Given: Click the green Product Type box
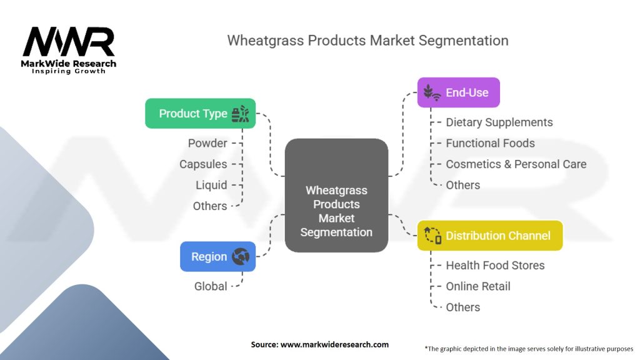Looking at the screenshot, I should click(200, 113).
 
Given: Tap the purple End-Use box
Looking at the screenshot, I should click(458, 92).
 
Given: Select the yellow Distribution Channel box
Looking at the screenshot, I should click(489, 236).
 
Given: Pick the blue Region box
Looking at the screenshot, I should click(217, 256).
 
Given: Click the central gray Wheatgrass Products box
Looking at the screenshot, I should click(336, 195).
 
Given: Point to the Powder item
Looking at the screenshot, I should click(207, 143).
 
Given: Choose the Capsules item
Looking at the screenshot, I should click(203, 164).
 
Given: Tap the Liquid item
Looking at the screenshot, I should click(211, 185).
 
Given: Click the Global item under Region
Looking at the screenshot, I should click(211, 286).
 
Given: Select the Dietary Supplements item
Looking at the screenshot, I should click(499, 122).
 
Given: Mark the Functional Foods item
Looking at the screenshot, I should click(490, 143).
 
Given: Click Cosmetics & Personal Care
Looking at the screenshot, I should click(516, 164).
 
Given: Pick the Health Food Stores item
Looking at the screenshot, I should click(495, 265).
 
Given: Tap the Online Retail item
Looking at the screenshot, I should click(477, 286).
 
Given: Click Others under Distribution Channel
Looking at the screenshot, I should click(462, 307).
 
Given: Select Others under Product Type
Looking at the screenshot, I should click(210, 206).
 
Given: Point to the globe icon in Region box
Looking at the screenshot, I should click(240, 256).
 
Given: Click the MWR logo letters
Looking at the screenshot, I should click(69, 42).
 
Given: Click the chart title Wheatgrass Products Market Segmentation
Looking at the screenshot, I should click(367, 41).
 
